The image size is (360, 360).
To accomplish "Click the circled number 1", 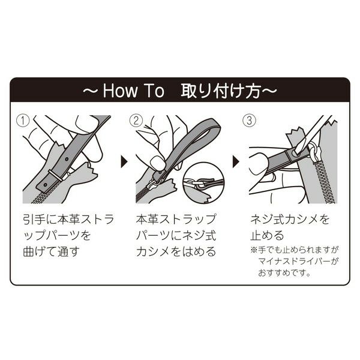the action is click(23, 121).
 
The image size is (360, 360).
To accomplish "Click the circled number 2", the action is click(136, 121).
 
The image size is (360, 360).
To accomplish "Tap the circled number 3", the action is click(250, 121).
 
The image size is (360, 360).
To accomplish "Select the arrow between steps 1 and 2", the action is click(124, 162).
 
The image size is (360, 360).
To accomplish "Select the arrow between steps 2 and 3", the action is click(236, 162).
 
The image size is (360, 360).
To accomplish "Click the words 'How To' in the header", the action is click(134, 91).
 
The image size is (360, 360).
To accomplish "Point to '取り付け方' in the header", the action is click(221, 91).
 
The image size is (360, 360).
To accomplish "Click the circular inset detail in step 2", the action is click(203, 182).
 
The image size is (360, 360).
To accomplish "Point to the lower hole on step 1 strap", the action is click(45, 184).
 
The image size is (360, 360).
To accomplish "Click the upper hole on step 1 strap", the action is click(67, 159).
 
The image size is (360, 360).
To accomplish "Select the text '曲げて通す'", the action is click(51, 251).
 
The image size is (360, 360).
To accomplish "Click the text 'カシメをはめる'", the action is click(176, 251).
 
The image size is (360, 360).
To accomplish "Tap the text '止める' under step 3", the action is click(267, 235).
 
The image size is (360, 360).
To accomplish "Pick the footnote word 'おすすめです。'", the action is click(284, 273).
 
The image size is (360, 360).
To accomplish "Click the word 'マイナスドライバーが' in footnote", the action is click(298, 261).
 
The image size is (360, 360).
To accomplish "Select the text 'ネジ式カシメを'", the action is click(290, 219).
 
